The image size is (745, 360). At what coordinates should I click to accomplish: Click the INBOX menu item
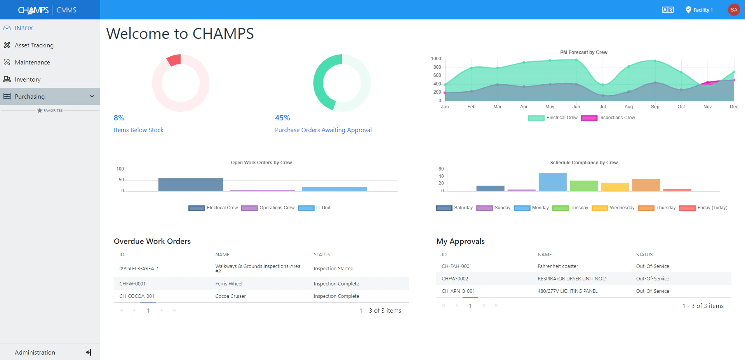point(23,28)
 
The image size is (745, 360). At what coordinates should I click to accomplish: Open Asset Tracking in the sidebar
point(34,45)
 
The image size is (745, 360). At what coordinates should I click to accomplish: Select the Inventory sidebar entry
point(27,80)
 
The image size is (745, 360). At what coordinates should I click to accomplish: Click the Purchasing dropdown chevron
point(92,96)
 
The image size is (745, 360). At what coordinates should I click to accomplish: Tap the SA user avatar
point(733,10)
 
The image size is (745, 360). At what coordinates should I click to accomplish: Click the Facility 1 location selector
point(699,10)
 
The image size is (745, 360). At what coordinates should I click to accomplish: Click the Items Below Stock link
point(138,130)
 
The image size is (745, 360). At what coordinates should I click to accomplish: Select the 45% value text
point(282,118)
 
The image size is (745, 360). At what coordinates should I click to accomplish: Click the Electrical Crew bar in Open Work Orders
point(190,184)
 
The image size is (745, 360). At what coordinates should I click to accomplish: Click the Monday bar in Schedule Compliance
point(552,182)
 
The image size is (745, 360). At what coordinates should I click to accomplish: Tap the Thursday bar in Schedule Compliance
point(646,185)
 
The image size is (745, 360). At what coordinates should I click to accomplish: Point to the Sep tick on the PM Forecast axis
point(655,107)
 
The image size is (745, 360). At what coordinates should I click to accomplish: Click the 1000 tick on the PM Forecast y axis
point(436,59)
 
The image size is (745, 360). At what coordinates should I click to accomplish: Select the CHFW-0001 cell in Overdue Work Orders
point(132,284)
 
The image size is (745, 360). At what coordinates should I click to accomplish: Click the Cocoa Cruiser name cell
point(230,296)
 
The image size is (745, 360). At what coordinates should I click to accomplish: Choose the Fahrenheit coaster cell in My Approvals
point(558,266)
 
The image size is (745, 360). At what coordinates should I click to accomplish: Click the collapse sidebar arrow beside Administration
point(89,352)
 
